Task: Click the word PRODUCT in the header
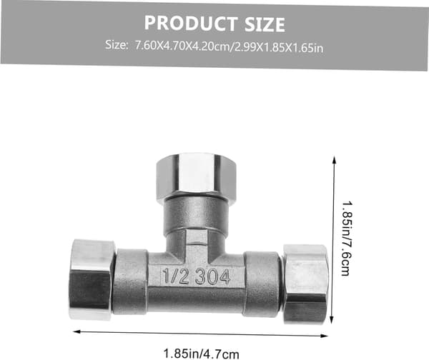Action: pyautogui.click(x=191, y=23)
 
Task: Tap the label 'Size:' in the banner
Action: pyautogui.click(x=117, y=45)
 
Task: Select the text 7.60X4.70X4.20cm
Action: pyautogui.click(x=182, y=46)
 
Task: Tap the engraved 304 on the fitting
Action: pyautogui.click(x=212, y=276)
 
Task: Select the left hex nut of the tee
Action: pyautogui.click(x=92, y=279)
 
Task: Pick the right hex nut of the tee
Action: pyautogui.click(x=305, y=284)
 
